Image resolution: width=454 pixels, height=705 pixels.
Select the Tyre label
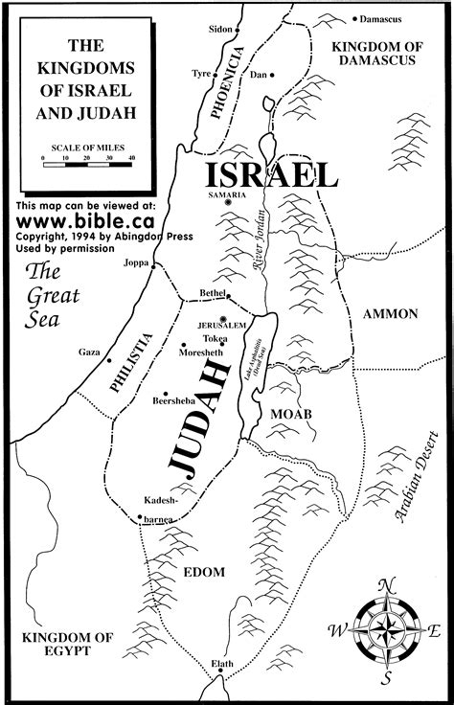click(202, 72)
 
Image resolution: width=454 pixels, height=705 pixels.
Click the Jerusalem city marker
click(222, 318)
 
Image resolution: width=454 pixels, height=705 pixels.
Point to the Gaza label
click(89, 353)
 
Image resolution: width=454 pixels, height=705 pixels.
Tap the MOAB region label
click(298, 413)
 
